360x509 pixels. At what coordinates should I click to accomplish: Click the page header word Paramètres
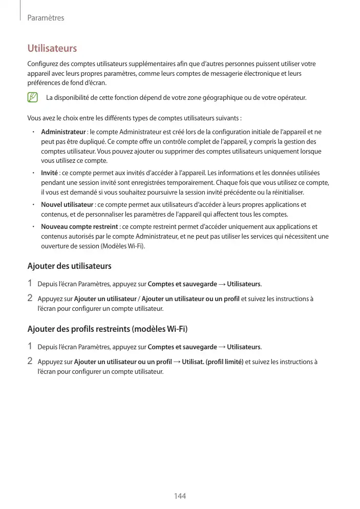pyautogui.click(x=46, y=18)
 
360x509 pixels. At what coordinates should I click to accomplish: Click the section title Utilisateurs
pyautogui.click(x=52, y=49)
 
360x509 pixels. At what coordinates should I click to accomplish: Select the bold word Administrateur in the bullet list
pyautogui.click(x=63, y=132)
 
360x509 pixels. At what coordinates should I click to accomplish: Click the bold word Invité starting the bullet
pyautogui.click(x=49, y=173)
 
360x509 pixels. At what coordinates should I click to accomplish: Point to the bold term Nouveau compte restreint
pyautogui.click(x=79, y=226)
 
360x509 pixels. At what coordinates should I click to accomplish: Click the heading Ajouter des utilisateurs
pyautogui.click(x=69, y=266)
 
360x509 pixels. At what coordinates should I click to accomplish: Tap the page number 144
pyautogui.click(x=180, y=496)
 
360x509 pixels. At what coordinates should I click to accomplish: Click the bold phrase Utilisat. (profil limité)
pyautogui.click(x=213, y=362)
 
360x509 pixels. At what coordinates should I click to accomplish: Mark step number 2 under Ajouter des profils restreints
pyautogui.click(x=30, y=362)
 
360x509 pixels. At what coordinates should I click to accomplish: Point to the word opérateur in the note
pyautogui.click(x=290, y=97)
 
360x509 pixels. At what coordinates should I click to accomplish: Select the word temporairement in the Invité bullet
pyautogui.click(x=188, y=183)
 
